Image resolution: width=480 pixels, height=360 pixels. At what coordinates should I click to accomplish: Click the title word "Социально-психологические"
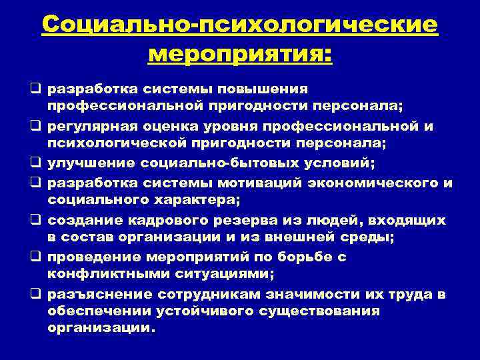[239, 26]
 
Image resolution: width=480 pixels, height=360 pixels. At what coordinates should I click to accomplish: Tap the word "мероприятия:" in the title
[239, 53]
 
